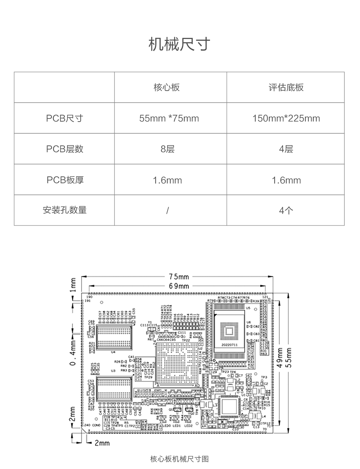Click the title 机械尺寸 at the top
[179, 44]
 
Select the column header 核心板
[167, 87]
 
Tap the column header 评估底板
[286, 87]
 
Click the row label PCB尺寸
[64, 118]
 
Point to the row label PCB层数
[64, 149]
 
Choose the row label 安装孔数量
[64, 210]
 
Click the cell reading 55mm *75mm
[169, 118]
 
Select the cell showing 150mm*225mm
[286, 118]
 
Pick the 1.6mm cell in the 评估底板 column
[286, 180]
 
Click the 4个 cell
[286, 210]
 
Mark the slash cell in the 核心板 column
[167, 210]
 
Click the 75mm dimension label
[179, 277]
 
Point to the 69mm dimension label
[179, 286]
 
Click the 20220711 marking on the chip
[230, 345]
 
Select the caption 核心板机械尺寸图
[179, 459]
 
